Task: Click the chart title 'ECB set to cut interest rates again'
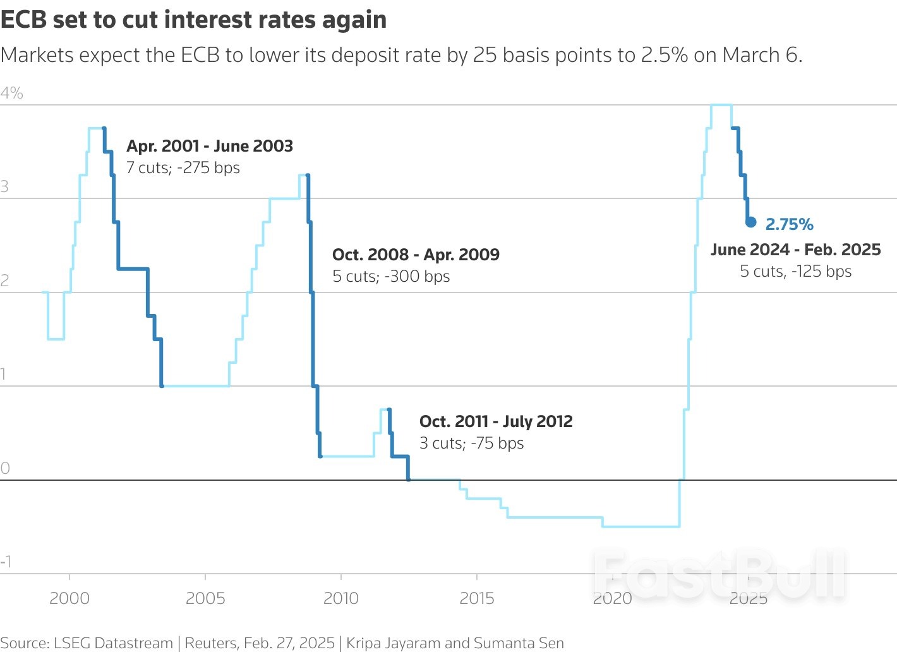(x=193, y=20)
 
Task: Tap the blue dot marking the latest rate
(x=750, y=222)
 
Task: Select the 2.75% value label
(x=789, y=224)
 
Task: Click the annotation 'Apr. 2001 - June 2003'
(x=210, y=146)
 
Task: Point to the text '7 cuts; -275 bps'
(x=183, y=168)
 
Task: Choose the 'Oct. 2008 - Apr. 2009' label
(x=416, y=255)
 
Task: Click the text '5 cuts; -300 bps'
(x=391, y=277)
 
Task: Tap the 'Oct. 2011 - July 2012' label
(x=496, y=421)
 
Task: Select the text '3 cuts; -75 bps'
(x=471, y=444)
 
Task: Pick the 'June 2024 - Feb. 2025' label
(x=795, y=250)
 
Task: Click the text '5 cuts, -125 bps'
(x=795, y=272)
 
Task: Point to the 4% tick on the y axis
(x=12, y=94)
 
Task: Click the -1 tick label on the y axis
(x=6, y=562)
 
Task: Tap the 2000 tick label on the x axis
(x=69, y=598)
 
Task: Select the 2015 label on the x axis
(x=477, y=598)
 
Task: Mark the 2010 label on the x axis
(x=341, y=598)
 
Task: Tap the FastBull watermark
(x=719, y=574)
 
